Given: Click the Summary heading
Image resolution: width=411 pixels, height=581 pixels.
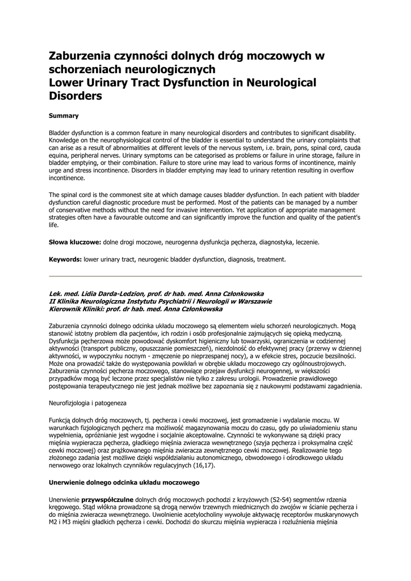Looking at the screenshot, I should point(64,116).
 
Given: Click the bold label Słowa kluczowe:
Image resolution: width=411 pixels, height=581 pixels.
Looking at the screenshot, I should point(75,242).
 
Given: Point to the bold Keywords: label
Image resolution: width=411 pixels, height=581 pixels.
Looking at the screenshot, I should point(65,259).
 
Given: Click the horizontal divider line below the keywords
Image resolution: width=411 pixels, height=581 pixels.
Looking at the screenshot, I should point(205,276).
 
